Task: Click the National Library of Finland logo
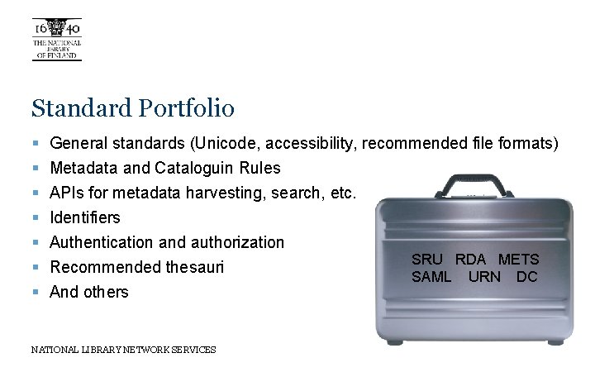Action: pos(56,39)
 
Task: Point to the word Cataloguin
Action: pos(193,169)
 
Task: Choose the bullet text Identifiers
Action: pos(85,217)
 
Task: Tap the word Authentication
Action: pos(102,242)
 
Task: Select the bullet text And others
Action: pos(89,292)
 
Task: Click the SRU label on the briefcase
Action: pos(428,260)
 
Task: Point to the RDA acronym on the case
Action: pos(471,260)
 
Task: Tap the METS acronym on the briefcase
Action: pos(518,260)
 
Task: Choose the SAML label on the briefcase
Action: pos(431,277)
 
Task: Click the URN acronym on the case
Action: pos(485,277)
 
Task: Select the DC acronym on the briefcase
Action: pos(527,277)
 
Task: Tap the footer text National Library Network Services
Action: pos(123,350)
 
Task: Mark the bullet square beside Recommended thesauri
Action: pos(36,268)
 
